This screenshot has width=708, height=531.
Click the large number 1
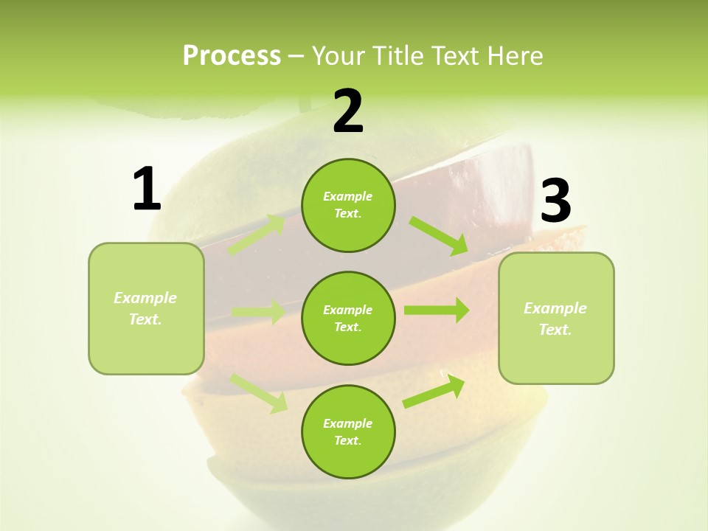pos(147,190)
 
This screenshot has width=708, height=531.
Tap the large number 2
pos(348,111)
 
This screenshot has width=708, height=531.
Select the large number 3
pos(555,201)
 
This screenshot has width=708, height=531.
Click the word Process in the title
pos(232,55)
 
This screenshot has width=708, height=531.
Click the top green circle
pos(348,206)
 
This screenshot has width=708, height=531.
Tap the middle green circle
pos(348,318)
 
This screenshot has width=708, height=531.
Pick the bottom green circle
pos(348,431)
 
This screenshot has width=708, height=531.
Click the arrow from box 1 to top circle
pos(256,235)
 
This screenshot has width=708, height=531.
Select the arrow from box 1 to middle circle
pos(258,312)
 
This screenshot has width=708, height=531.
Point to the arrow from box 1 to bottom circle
pos(258,392)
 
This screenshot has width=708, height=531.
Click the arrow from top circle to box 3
pos(439,236)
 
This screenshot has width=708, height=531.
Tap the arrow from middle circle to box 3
pos(437,310)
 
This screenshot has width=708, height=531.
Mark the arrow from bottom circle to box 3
pos(434,392)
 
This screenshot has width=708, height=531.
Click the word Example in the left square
pos(145,298)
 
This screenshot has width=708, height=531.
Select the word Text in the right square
pos(555,330)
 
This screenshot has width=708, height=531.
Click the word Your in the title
pos(336,55)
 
